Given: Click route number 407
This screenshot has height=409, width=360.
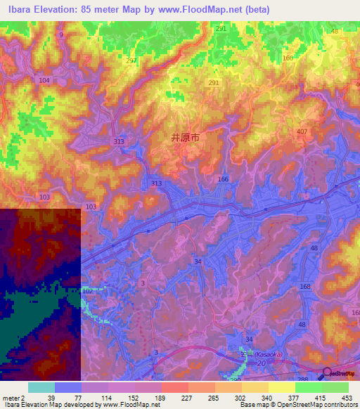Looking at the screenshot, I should (x=302, y=132).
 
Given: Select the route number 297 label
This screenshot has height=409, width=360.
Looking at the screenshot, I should (x=131, y=61).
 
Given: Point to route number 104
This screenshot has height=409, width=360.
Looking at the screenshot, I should (x=45, y=82).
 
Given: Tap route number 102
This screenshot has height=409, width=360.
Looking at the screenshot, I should (x=86, y=290).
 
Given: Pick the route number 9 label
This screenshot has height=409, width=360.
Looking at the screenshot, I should (x=61, y=34).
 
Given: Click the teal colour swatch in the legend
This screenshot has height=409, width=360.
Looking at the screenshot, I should (x=41, y=387).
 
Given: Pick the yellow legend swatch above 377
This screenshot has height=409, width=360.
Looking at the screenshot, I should (x=282, y=387).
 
